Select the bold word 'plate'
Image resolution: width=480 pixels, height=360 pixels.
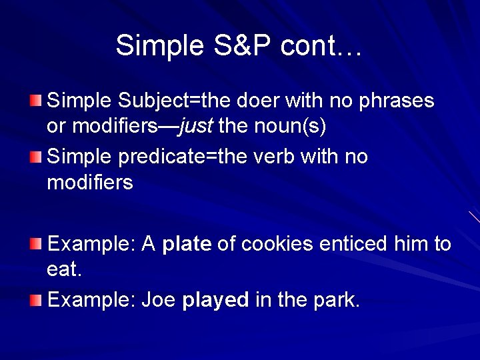click(187, 244)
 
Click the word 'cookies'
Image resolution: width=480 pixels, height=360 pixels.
click(277, 244)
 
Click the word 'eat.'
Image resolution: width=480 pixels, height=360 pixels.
click(64, 269)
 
